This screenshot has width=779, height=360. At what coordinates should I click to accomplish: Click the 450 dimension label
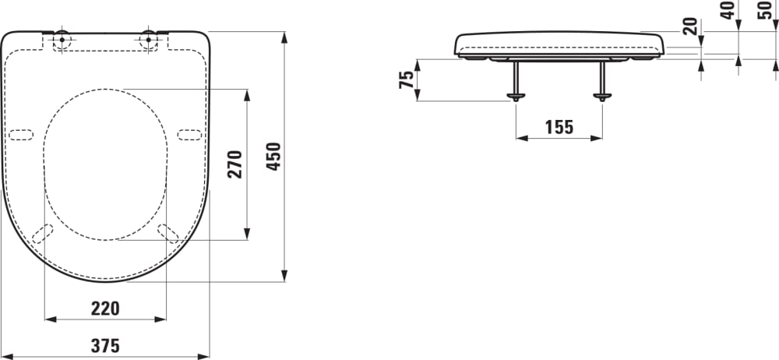pyautogui.click(x=273, y=159)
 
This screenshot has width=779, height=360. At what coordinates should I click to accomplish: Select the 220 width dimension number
pyautogui.click(x=105, y=309)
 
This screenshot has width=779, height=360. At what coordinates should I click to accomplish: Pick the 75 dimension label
pyautogui.click(x=406, y=79)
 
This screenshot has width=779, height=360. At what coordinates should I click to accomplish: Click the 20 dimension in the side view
pyautogui.click(x=689, y=26)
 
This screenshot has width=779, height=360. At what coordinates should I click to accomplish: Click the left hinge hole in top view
pyautogui.click(x=62, y=39)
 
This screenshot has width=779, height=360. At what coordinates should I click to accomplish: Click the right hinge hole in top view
pyautogui.click(x=148, y=39)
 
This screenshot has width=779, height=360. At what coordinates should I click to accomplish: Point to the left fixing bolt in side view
pyautogui.click(x=515, y=81)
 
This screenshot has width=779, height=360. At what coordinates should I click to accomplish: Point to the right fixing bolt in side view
pyautogui.click(x=602, y=81)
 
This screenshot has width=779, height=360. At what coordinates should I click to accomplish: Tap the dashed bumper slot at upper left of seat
pyautogui.click(x=22, y=134)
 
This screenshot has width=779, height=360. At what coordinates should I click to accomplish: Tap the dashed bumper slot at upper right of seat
pyautogui.click(x=189, y=134)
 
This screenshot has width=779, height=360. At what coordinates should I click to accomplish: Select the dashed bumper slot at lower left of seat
pyautogui.click(x=44, y=233)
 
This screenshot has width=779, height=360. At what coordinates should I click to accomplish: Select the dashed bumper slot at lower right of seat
pyautogui.click(x=167, y=233)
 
